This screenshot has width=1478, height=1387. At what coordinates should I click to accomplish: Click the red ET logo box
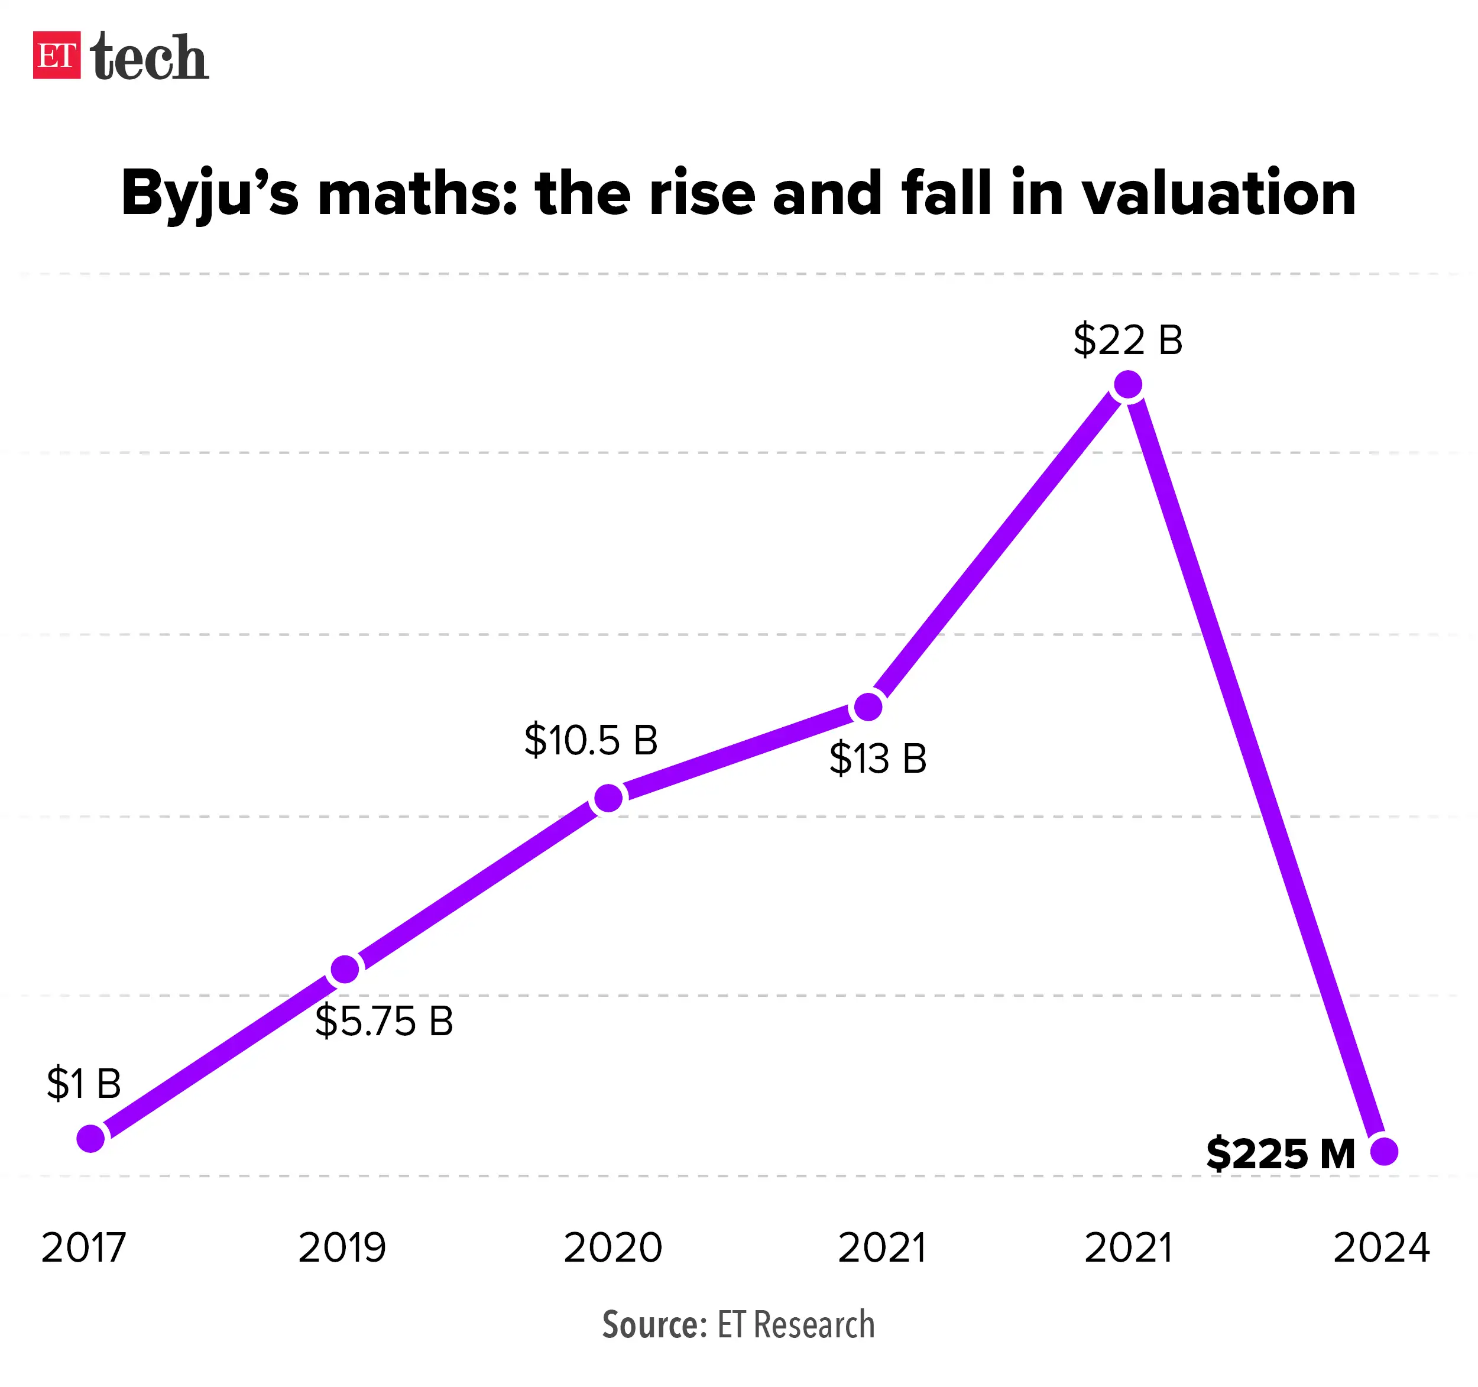[x=57, y=55]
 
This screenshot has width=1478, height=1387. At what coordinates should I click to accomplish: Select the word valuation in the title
[x=1218, y=193]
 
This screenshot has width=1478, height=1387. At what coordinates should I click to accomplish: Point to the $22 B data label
[x=1127, y=340]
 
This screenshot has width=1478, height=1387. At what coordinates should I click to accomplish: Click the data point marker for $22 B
[x=1128, y=385]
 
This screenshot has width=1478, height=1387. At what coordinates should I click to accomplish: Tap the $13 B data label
[x=877, y=759]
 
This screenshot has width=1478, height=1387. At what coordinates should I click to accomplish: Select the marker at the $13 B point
[x=868, y=707]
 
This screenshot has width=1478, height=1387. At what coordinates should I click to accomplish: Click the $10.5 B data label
[x=590, y=740]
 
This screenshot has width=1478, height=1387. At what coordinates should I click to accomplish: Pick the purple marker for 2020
[x=609, y=798]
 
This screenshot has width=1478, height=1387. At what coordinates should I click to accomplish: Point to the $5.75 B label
[x=384, y=1020]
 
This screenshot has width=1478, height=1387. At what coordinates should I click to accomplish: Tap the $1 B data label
[x=83, y=1083]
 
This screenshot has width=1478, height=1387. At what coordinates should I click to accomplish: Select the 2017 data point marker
[x=90, y=1138]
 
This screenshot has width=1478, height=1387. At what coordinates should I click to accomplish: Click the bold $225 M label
[x=1279, y=1153]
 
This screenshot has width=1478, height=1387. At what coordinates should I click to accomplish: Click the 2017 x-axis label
[x=83, y=1248]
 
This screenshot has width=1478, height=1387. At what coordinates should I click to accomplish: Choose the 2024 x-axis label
[x=1382, y=1248]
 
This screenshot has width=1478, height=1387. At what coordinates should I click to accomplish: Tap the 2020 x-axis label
[x=612, y=1248]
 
